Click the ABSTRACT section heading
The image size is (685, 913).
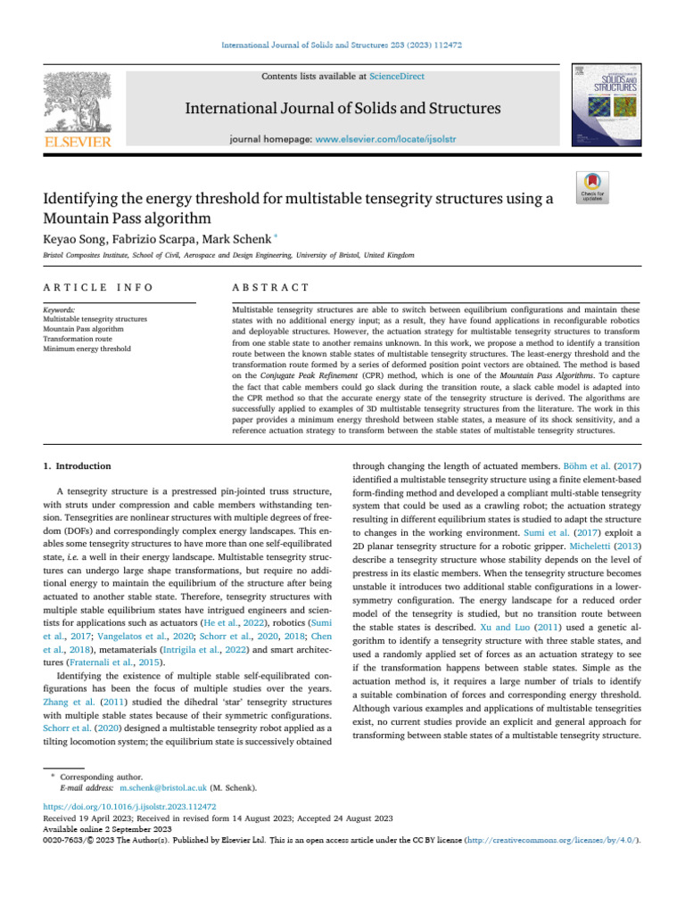tap(269, 287)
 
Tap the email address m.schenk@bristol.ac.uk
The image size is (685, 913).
tap(163, 788)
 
